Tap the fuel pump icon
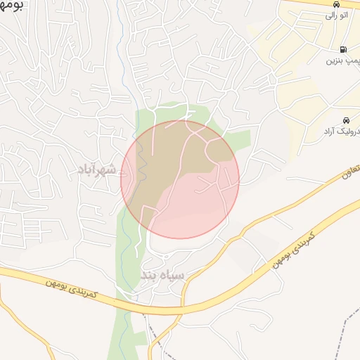pyautogui.click(x=343, y=49)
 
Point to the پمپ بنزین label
pyautogui.click(x=342, y=61)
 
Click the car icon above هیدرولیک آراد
pyautogui.click(x=345, y=120)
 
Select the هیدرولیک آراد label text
pyautogui.click(x=342, y=131)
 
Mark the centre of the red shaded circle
pyautogui.click(x=180, y=179)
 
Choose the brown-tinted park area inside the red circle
pyautogui.click(x=169, y=162)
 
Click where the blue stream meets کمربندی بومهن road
pyautogui.click(x=127, y=302)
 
